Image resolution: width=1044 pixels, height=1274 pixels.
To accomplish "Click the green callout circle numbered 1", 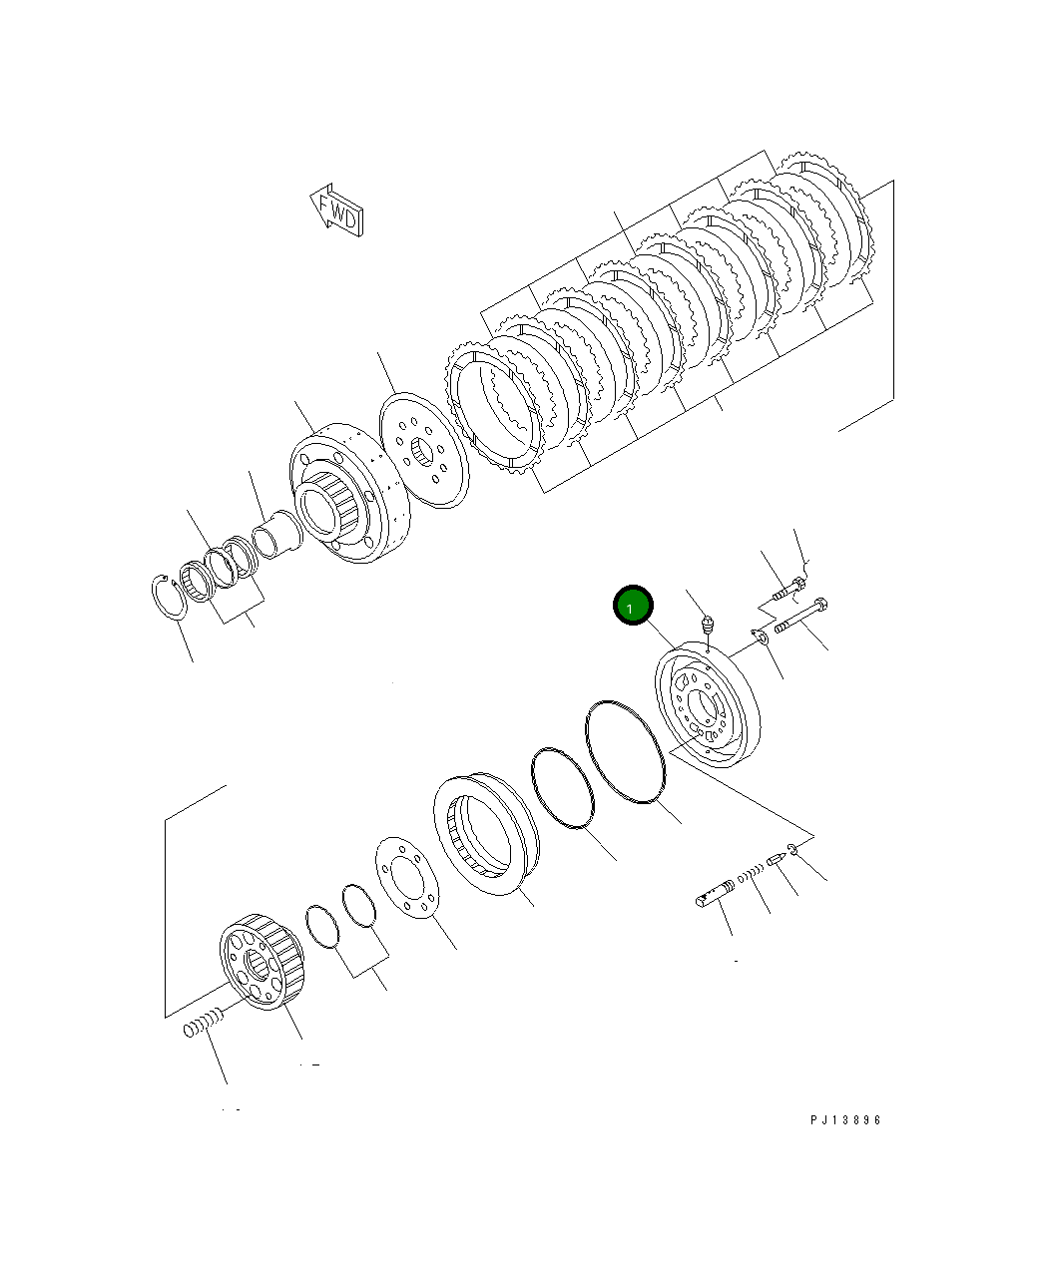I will (x=632, y=606).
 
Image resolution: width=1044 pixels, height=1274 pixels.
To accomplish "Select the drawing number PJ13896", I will (x=845, y=1120).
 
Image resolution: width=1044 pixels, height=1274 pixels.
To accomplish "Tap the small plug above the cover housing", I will (x=706, y=627).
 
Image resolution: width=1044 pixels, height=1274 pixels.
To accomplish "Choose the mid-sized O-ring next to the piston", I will (x=562, y=788).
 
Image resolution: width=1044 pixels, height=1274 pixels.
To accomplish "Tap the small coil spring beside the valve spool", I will (x=751, y=875).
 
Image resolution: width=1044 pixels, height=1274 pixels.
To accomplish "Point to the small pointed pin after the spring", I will (x=778, y=859).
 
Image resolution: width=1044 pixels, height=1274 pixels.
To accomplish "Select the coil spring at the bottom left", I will (x=202, y=1024).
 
